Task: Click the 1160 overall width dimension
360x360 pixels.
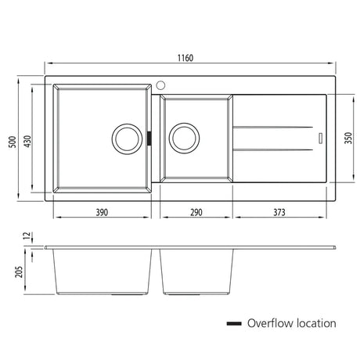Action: click(185, 58)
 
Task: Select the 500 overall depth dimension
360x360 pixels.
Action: click(13, 142)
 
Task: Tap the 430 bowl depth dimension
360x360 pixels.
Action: click(27, 141)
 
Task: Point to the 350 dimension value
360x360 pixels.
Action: click(348, 138)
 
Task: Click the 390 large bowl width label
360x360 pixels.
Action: click(102, 212)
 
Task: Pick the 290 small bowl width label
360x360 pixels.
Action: click(196, 212)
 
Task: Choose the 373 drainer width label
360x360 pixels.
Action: click(279, 212)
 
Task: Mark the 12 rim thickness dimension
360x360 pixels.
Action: click(27, 236)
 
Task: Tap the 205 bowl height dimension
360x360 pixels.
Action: click(19, 272)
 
